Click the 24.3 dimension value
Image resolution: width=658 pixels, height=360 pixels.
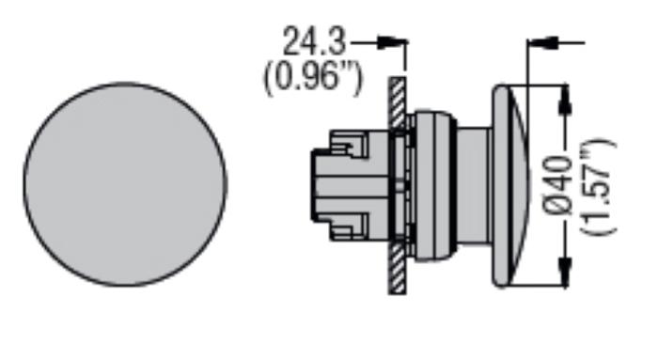coord(314,41)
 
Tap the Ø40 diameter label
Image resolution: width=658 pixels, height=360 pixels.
coord(560,186)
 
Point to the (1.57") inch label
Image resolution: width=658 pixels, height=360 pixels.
coord(598,186)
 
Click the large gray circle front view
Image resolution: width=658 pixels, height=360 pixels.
coord(125,184)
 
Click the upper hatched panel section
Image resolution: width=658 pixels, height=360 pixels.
coord(397,102)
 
